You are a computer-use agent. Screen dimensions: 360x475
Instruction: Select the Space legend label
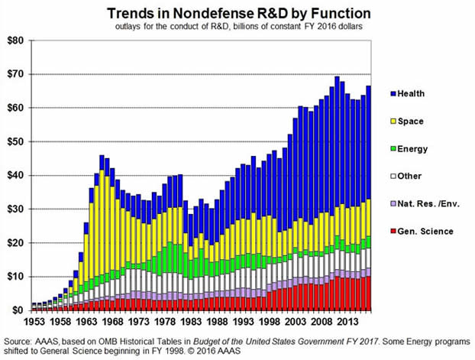click(x=410, y=121)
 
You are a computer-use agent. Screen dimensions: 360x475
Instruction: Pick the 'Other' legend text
click(x=409, y=176)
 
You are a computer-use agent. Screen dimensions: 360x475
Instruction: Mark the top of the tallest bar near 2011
click(x=337, y=76)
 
